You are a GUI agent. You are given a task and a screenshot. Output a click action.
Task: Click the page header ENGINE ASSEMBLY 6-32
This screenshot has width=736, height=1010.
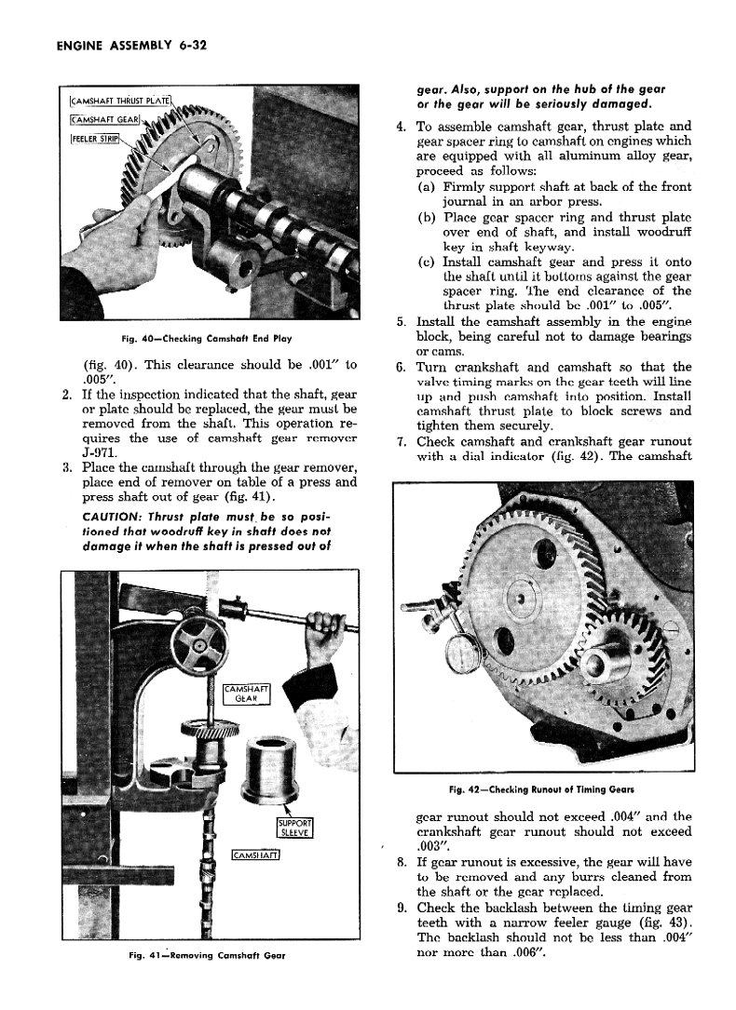[124, 44]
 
